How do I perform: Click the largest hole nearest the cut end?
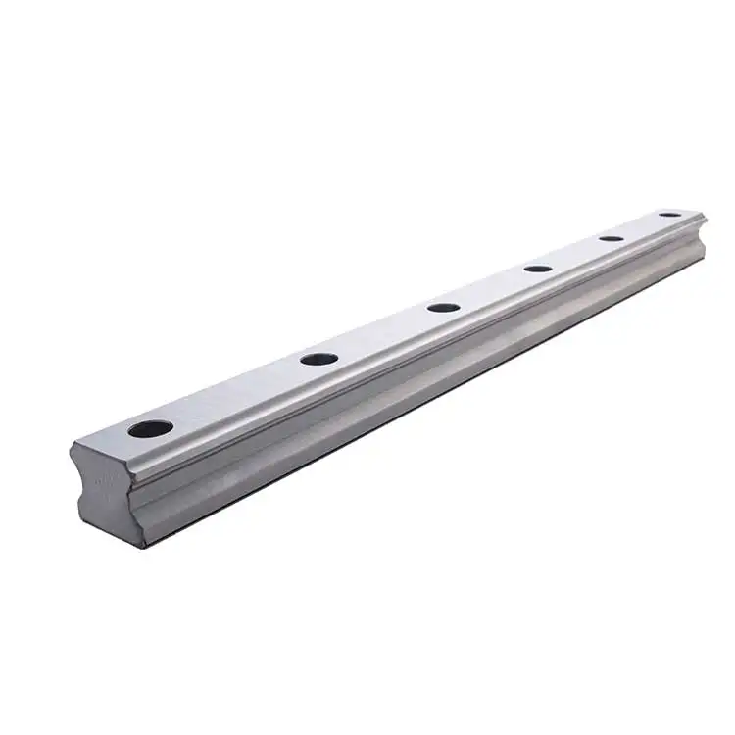pyautogui.click(x=150, y=428)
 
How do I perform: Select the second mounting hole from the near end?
pyautogui.click(x=318, y=359)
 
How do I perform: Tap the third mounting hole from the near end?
pyautogui.click(x=443, y=308)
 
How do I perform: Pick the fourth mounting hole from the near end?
pyautogui.click(x=537, y=268)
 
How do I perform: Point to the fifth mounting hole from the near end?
pyautogui.click(x=612, y=237)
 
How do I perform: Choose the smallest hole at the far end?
pyautogui.click(x=670, y=214)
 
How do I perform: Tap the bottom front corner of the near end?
pyautogui.click(x=144, y=545)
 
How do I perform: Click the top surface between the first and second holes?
pyautogui.click(x=235, y=392)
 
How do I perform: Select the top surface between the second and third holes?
pyautogui.click(x=382, y=332)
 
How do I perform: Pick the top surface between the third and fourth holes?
pyautogui.click(x=490, y=287)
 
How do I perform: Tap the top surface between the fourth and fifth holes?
pyautogui.click(x=574, y=252)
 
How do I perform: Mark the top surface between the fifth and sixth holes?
pyautogui.click(x=641, y=225)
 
